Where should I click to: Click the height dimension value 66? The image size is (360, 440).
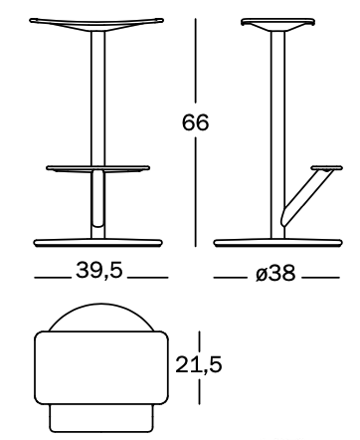196,122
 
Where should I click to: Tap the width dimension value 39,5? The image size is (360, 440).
99,270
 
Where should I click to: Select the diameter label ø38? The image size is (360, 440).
275,274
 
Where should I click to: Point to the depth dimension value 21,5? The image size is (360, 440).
198,364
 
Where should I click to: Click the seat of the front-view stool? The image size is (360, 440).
96,24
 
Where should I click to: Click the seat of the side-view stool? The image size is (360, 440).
277,25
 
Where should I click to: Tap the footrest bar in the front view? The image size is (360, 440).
97,168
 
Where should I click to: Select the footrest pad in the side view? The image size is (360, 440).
327,168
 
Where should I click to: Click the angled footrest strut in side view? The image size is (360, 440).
305,197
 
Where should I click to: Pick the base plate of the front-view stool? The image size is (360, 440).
98,243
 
